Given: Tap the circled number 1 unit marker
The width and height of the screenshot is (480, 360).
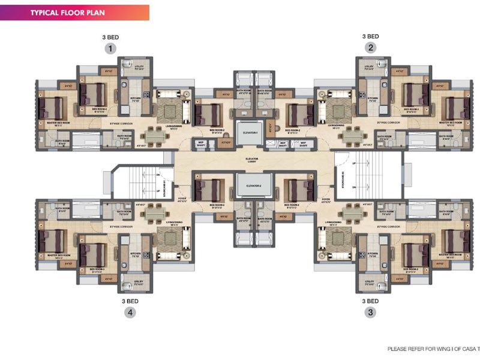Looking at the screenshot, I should [110, 49].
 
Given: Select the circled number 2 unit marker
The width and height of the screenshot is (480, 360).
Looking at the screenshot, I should [371, 49].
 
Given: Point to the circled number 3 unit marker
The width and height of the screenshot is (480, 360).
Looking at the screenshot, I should [371, 312].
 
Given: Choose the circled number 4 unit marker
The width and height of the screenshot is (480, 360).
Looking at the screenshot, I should [130, 312].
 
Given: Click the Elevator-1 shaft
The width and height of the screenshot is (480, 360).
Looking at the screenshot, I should [250, 133].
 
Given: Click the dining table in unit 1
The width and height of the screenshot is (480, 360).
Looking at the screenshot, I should [156, 137].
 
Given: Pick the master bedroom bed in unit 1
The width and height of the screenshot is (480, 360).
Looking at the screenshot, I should [51, 108].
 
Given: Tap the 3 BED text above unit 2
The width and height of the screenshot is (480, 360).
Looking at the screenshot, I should [371, 37].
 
